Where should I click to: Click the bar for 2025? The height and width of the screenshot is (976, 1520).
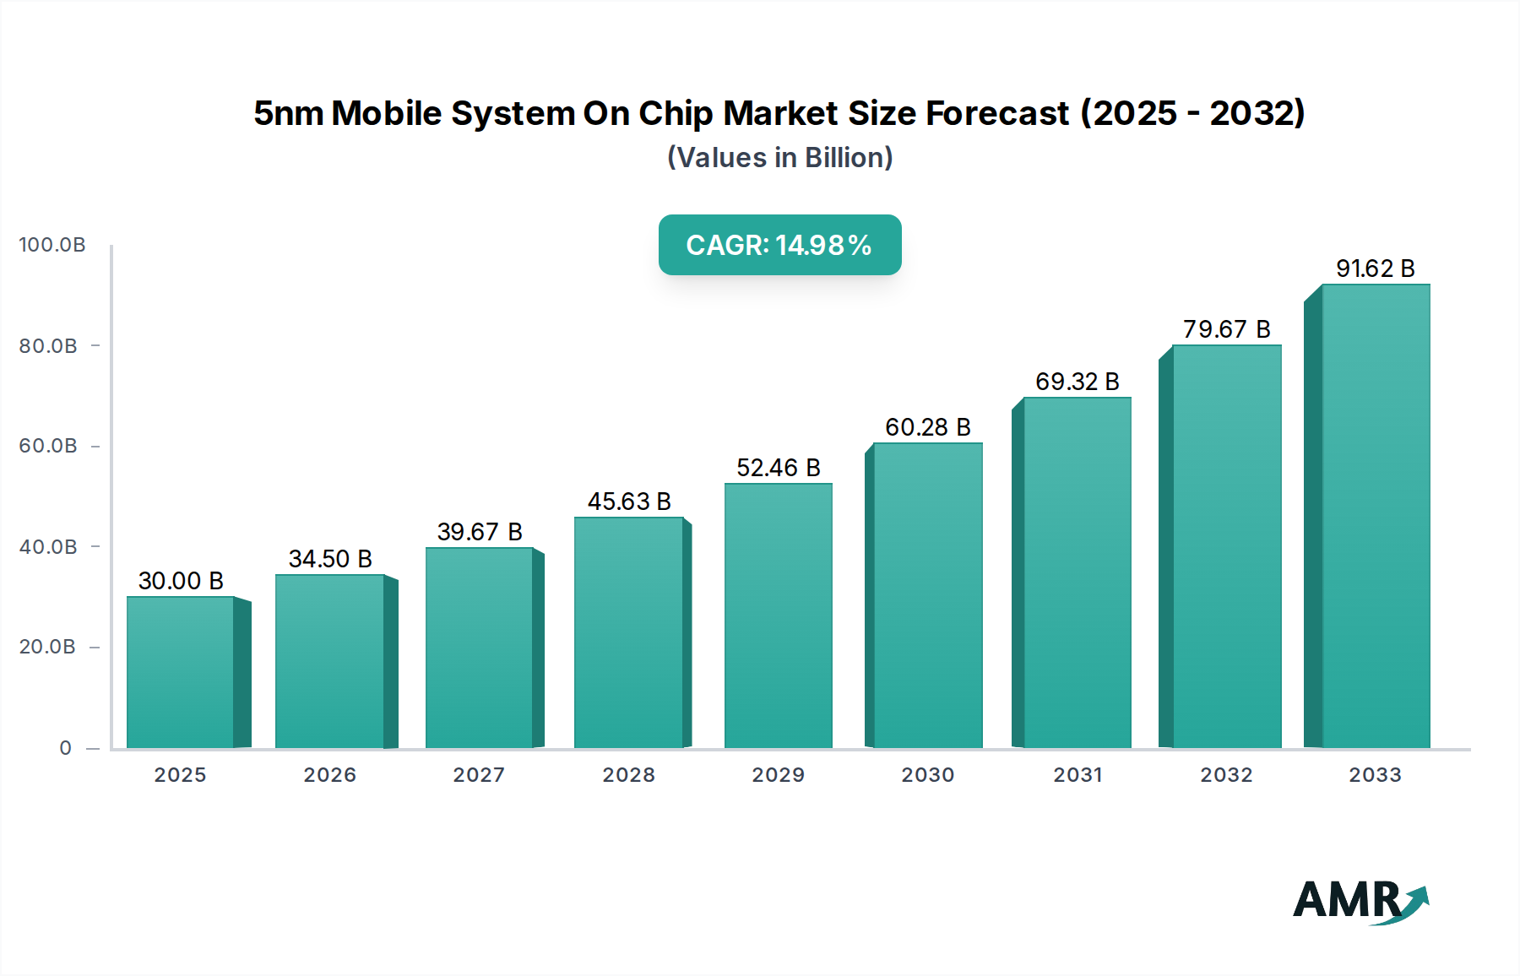point(180,672)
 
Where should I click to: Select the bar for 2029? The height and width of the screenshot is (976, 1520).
point(778,615)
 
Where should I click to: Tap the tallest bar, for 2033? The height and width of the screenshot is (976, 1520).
point(1376,516)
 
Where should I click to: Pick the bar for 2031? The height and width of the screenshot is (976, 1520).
point(1077,572)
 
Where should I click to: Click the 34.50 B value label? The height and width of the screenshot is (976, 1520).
point(330,559)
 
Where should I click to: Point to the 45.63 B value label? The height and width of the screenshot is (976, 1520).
point(629,502)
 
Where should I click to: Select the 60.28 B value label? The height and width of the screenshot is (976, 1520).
point(927,427)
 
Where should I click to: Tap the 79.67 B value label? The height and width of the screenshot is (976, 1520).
point(1226,329)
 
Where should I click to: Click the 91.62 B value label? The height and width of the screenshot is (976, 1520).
point(1375,268)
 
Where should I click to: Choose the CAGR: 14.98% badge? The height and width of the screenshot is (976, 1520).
point(779,245)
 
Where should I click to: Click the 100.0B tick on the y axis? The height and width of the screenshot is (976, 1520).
point(52,245)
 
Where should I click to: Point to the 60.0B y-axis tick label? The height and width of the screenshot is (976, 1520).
point(48,446)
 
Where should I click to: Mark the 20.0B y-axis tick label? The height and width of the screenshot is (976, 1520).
point(47,647)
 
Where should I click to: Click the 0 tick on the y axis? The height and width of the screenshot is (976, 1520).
point(65,748)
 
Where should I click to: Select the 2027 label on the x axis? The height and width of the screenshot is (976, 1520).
point(479,775)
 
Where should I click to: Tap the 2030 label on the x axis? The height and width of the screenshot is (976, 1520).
point(927,775)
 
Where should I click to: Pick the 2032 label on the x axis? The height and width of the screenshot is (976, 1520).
point(1226,775)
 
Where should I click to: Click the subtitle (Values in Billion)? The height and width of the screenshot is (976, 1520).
point(779,158)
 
